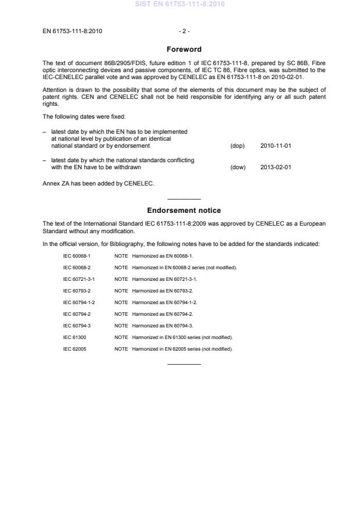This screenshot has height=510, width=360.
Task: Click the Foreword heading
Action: pyautogui.click(x=184, y=49)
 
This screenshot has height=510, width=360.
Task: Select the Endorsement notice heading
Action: pyautogui.click(x=184, y=210)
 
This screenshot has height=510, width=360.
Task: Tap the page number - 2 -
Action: pyautogui.click(x=184, y=30)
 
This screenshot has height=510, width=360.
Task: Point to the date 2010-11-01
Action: pyautogui.click(x=276, y=145)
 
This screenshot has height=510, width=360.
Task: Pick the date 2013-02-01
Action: pyautogui.click(x=276, y=167)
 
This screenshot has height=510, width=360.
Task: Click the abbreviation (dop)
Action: pyautogui.click(x=237, y=145)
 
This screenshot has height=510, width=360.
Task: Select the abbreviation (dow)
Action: pyautogui.click(x=238, y=167)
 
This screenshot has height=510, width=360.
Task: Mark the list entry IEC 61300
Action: pyautogui.click(x=73, y=337)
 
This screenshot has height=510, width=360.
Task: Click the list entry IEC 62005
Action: pyautogui.click(x=73, y=349)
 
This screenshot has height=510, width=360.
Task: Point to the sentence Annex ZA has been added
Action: pyautogui.click(x=98, y=184)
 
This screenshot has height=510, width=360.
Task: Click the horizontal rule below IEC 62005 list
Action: pyautogui.click(x=184, y=364)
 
